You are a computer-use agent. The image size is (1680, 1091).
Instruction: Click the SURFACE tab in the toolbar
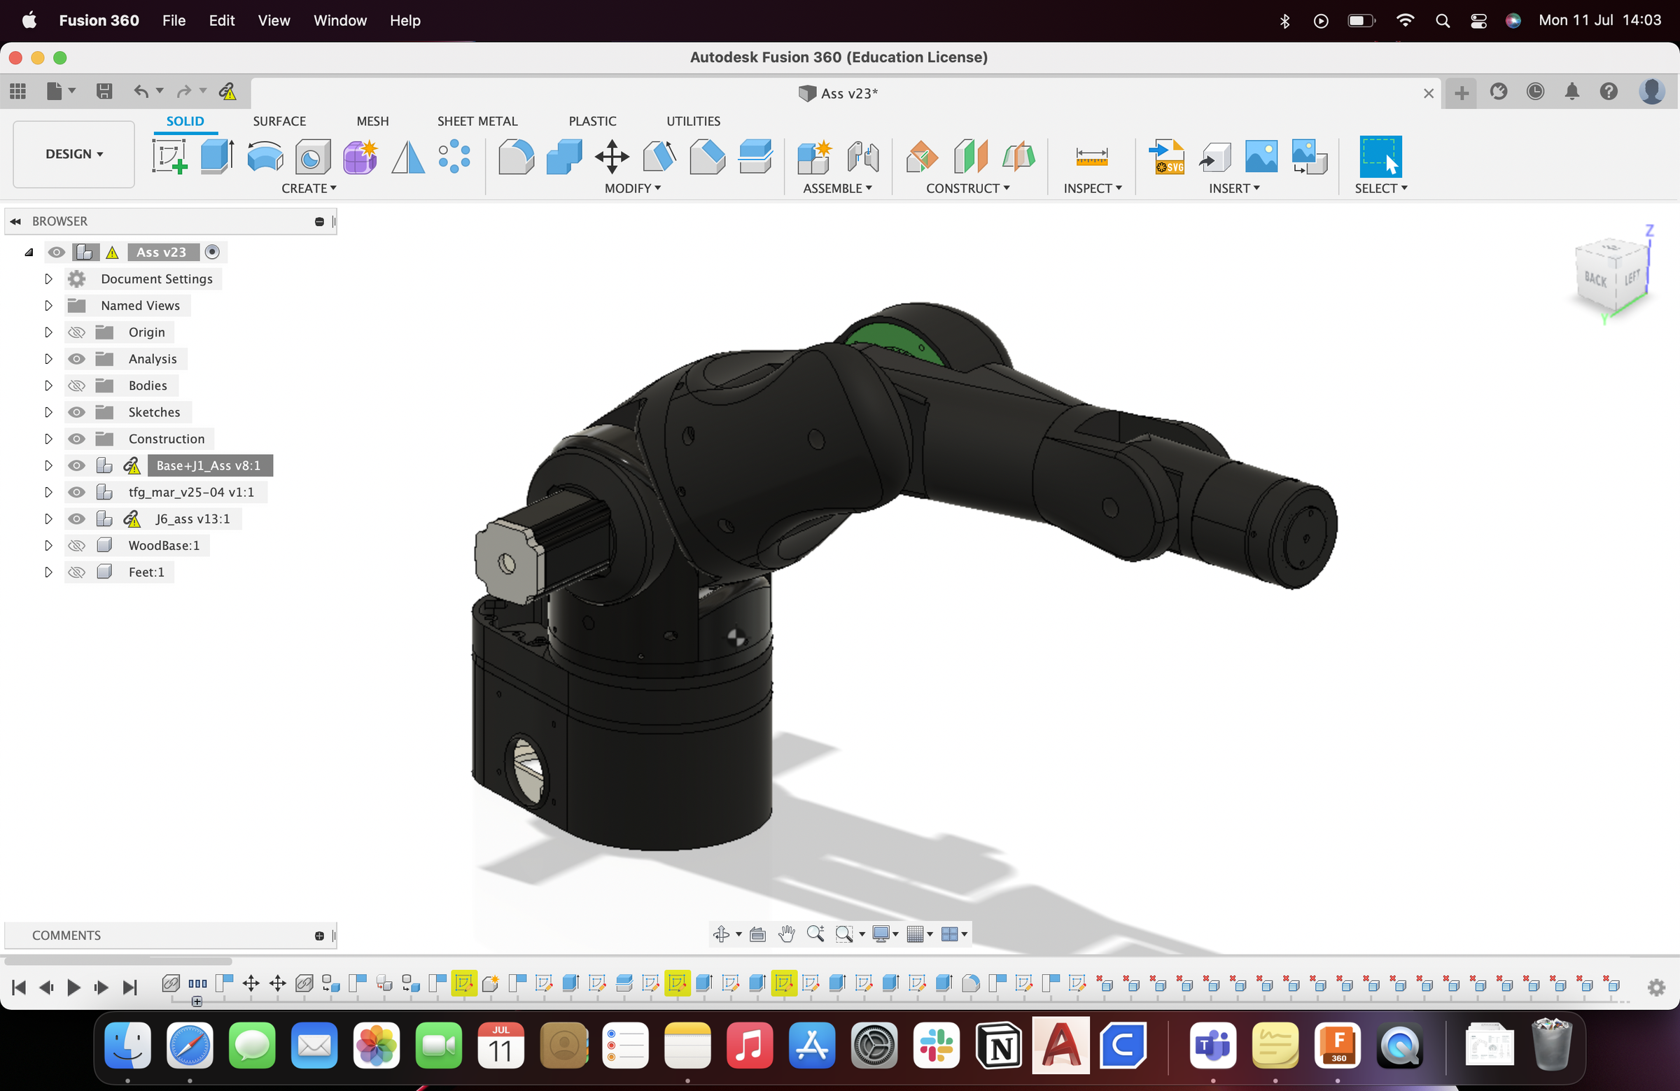pyautogui.click(x=279, y=121)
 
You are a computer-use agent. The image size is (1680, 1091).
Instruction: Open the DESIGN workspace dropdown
pyautogui.click(x=73, y=154)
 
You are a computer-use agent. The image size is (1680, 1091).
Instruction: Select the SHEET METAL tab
pyautogui.click(x=477, y=121)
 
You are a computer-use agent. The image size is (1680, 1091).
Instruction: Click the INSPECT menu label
pyautogui.click(x=1092, y=188)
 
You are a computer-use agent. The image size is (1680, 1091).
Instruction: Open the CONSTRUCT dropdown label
pyautogui.click(x=967, y=188)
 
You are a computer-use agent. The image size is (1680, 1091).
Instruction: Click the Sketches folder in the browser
pyautogui.click(x=154, y=412)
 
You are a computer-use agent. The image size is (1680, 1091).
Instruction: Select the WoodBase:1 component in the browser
pyautogui.click(x=164, y=546)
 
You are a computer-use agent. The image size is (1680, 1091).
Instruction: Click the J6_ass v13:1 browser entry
pyautogui.click(x=192, y=519)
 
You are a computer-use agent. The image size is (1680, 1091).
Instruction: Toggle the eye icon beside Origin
pyautogui.click(x=76, y=332)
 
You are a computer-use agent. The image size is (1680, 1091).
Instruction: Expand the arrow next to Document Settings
pyautogui.click(x=48, y=279)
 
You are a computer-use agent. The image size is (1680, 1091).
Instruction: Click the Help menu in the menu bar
pyautogui.click(x=405, y=20)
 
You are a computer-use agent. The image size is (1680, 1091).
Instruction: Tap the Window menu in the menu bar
pyautogui.click(x=339, y=20)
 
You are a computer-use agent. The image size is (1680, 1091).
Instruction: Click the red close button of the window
pyautogui.click(x=15, y=58)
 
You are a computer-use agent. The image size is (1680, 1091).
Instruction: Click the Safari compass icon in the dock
pyautogui.click(x=189, y=1045)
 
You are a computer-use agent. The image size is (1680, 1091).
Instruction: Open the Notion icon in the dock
pyautogui.click(x=998, y=1045)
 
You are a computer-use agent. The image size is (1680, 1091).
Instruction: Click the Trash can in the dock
pyautogui.click(x=1550, y=1045)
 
